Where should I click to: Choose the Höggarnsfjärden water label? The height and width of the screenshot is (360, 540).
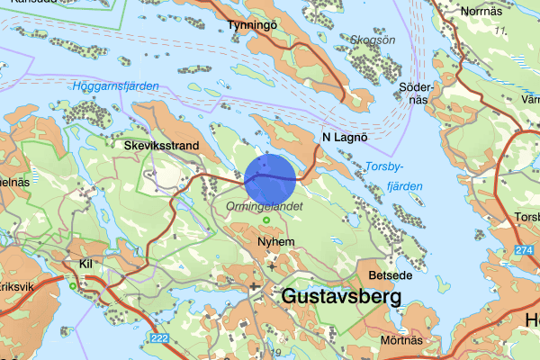point(115,86)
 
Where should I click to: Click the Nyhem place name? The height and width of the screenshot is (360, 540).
point(274,243)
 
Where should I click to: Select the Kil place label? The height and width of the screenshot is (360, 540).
point(86,265)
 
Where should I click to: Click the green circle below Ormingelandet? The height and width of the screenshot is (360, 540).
point(265,220)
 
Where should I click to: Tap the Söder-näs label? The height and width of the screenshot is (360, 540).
point(414,94)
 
